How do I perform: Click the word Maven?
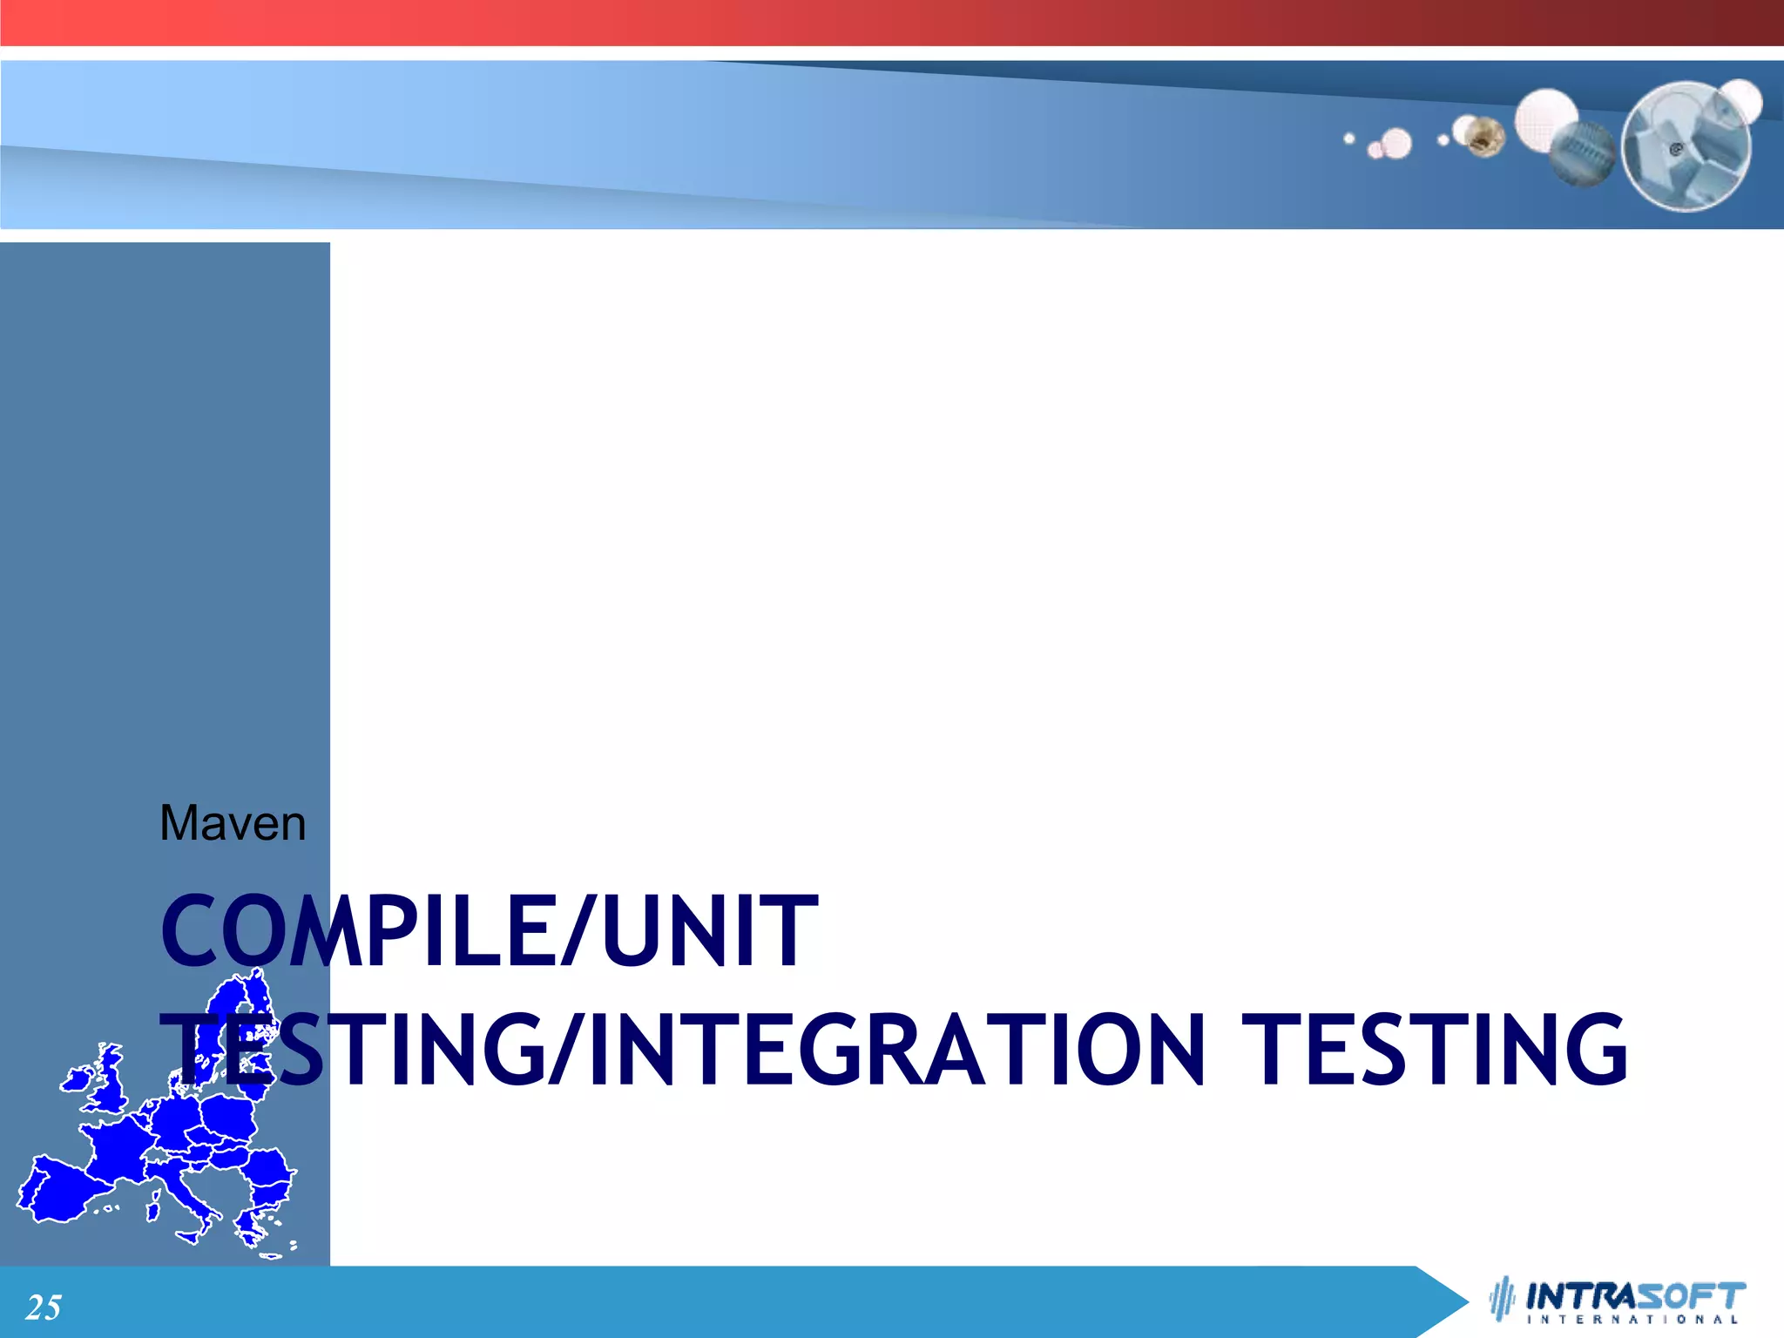pyautogui.click(x=233, y=824)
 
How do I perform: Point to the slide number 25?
pyautogui.click(x=44, y=1308)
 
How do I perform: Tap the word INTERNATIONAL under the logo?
pyautogui.click(x=1633, y=1320)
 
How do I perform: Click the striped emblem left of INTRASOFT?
pyautogui.click(x=1502, y=1299)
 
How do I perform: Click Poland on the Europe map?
pyautogui.click(x=229, y=1115)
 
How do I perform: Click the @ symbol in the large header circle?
pyautogui.click(x=1675, y=150)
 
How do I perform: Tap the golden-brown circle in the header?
pyautogui.click(x=1484, y=138)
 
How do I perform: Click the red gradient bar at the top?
pyautogui.click(x=892, y=23)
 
